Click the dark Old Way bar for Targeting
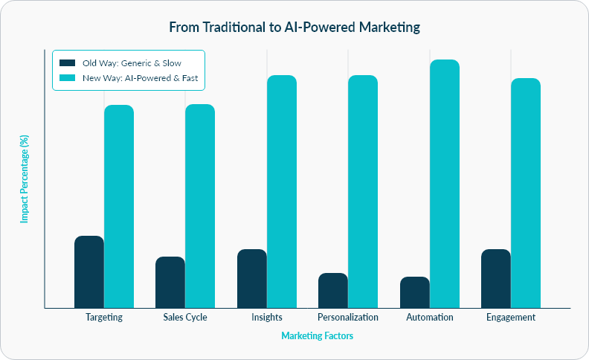click(89, 271)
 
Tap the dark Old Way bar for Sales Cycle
click(170, 282)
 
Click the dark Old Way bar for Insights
click(252, 278)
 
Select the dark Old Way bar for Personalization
click(333, 290)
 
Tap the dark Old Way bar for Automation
click(415, 292)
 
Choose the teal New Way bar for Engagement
click(526, 193)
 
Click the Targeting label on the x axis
click(104, 317)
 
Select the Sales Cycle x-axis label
click(185, 317)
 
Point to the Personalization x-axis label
click(348, 317)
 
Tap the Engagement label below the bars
click(511, 317)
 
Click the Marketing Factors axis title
click(317, 336)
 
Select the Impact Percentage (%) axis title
click(25, 179)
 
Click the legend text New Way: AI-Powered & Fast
click(140, 77)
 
